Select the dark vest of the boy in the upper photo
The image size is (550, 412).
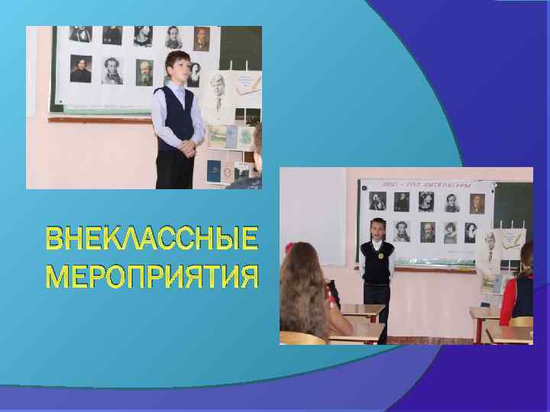pyautogui.click(x=176, y=114)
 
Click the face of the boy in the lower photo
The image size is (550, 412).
pyautogui.click(x=376, y=231)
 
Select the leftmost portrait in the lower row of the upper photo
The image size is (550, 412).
pyautogui.click(x=79, y=69)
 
